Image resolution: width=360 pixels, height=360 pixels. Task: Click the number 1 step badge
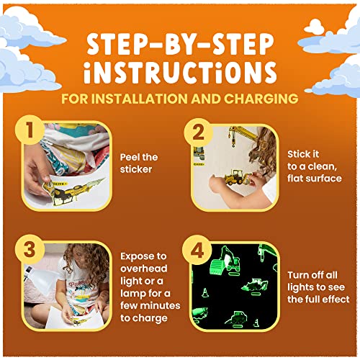tap(30, 130)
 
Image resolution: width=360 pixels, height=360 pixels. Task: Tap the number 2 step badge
tap(198, 132)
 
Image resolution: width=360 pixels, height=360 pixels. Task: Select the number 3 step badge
tap(30, 249)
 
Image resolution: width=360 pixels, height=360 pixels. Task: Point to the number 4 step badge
tap(197, 250)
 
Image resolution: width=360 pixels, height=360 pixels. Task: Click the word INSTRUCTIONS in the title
tap(180, 72)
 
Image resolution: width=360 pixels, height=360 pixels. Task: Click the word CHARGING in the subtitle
tap(261, 99)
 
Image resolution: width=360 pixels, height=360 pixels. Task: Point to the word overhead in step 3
tap(144, 269)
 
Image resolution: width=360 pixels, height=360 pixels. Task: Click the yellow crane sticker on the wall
tap(243, 135)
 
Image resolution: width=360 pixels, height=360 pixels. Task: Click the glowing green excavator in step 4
tap(225, 261)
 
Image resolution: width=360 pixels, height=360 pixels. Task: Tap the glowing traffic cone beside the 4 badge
tap(205, 293)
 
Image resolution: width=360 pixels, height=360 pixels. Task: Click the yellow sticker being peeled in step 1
tap(72, 190)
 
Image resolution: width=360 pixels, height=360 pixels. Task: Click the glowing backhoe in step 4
tap(255, 286)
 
